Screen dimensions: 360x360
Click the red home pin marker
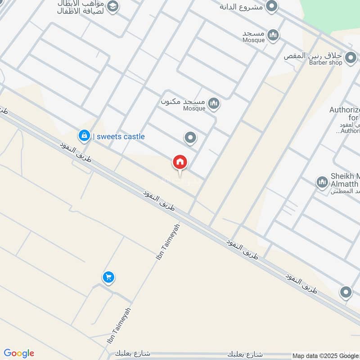click(x=180, y=162)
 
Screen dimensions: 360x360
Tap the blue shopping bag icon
click(x=84, y=135)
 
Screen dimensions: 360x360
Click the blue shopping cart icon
click(x=108, y=277)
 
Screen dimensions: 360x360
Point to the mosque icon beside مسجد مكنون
click(x=215, y=104)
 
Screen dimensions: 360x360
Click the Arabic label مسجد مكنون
click(x=183, y=101)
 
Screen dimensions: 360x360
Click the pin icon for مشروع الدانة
click(x=271, y=7)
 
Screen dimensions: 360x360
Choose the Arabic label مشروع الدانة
click(x=241, y=7)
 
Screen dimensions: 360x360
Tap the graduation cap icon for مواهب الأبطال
click(x=112, y=7)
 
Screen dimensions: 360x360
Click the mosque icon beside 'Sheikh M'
click(x=322, y=182)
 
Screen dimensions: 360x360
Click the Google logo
click(x=19, y=353)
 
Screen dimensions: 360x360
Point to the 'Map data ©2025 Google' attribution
click(x=326, y=355)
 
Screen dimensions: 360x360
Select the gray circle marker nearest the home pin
click(x=191, y=138)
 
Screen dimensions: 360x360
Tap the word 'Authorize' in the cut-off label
click(x=345, y=110)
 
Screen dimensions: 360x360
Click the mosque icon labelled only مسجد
click(x=273, y=35)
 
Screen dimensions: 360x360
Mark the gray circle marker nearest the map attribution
click(x=346, y=292)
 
